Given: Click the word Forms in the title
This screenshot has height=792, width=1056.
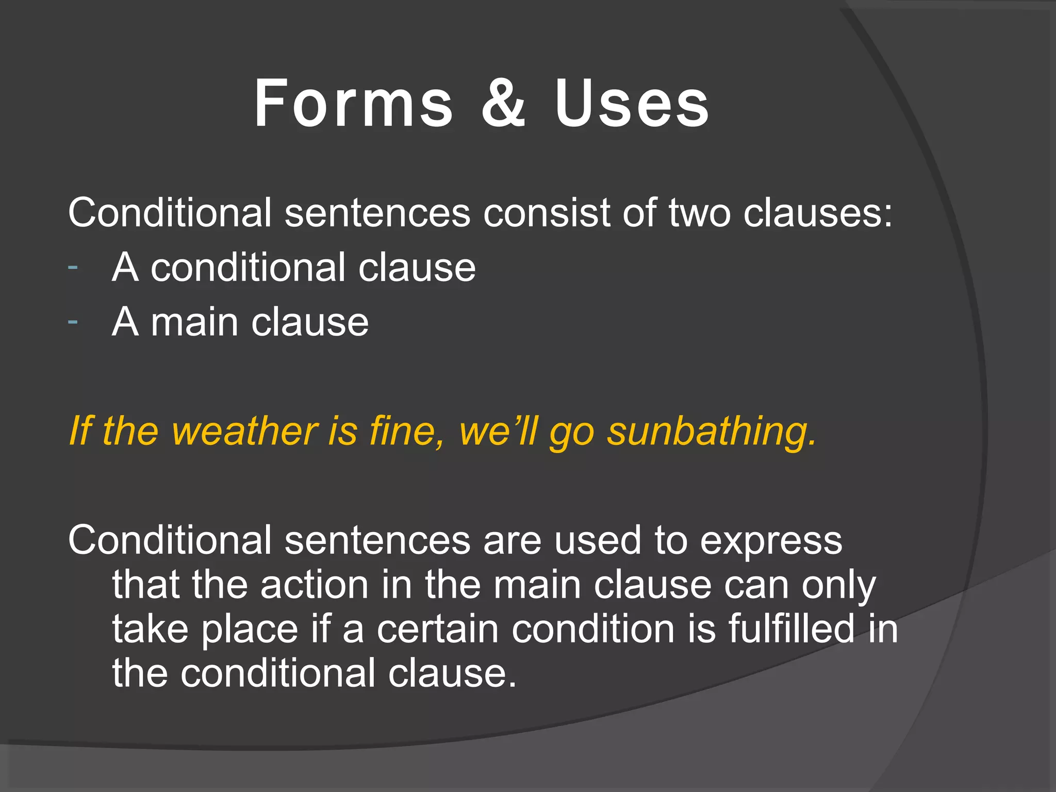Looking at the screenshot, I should [354, 103].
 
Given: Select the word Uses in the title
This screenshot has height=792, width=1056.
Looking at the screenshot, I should [632, 103].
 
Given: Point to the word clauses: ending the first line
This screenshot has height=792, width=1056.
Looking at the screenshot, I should [817, 213].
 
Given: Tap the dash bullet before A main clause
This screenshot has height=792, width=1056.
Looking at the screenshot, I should [73, 322].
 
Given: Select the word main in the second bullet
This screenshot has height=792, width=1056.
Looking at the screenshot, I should [194, 322].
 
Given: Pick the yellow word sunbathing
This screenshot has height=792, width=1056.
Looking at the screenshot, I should [712, 431].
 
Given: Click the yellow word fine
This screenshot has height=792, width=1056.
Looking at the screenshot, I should [406, 431].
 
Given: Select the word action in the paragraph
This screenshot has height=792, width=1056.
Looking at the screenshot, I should [314, 585].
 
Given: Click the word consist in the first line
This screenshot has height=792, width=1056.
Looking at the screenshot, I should [546, 213].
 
